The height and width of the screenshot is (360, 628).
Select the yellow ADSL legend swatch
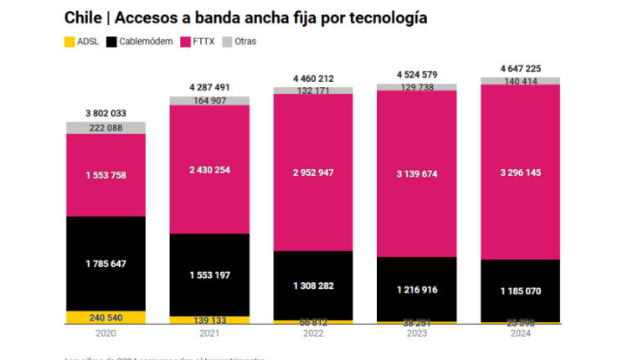click(x=69, y=40)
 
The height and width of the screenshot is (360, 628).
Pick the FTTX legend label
click(x=203, y=40)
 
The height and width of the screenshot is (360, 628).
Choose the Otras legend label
click(x=245, y=40)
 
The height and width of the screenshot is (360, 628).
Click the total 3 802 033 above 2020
click(x=106, y=113)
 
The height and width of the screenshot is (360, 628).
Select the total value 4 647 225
click(x=520, y=67)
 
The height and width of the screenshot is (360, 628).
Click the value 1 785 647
click(x=106, y=264)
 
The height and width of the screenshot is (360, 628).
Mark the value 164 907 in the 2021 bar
click(x=209, y=101)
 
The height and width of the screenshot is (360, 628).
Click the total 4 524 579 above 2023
click(x=416, y=73)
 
